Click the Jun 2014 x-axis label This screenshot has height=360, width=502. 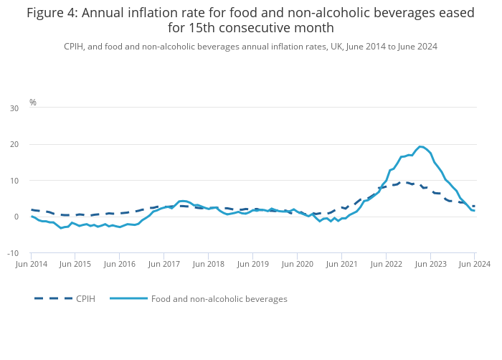[32, 264]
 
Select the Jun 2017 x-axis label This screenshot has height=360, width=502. [164, 264]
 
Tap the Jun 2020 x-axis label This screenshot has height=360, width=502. [298, 264]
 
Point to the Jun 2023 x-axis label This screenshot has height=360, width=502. [430, 264]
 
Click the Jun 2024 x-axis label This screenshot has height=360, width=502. [475, 264]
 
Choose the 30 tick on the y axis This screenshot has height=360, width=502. [14, 108]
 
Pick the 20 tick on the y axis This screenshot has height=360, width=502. [14, 144]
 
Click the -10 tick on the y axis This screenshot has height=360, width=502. [13, 253]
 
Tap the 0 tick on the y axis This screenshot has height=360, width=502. [16, 217]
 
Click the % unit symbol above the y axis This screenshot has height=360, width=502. [33, 102]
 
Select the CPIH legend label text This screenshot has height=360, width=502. [85, 299]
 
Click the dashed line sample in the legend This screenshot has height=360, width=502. [53, 298]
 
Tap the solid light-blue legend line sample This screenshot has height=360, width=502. [128, 298]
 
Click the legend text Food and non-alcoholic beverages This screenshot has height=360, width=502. [219, 299]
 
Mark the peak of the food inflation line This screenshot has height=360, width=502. [420, 147]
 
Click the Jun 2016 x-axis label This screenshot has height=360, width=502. [120, 264]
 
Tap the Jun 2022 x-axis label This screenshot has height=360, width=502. [386, 264]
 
